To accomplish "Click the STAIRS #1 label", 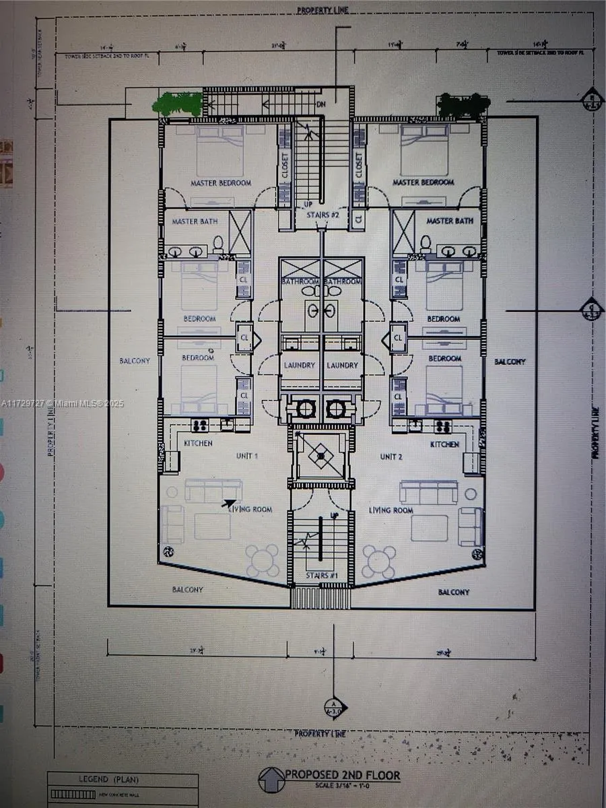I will pyautogui.click(x=321, y=576).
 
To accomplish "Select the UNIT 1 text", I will pyautogui.click(x=246, y=456).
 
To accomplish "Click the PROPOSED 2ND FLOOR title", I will pyautogui.click(x=342, y=775).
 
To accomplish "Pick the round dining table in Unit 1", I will pyautogui.click(x=262, y=560).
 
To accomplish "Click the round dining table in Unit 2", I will pyautogui.click(x=379, y=560).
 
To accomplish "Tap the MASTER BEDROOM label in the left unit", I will pyautogui.click(x=221, y=182).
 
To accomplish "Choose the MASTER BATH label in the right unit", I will pyautogui.click(x=449, y=221).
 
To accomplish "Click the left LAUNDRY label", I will pyautogui.click(x=300, y=365).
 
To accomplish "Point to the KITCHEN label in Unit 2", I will pyautogui.click(x=445, y=444).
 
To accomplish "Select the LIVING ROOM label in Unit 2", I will pyautogui.click(x=391, y=510).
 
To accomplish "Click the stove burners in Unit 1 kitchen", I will pyautogui.click(x=199, y=425).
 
